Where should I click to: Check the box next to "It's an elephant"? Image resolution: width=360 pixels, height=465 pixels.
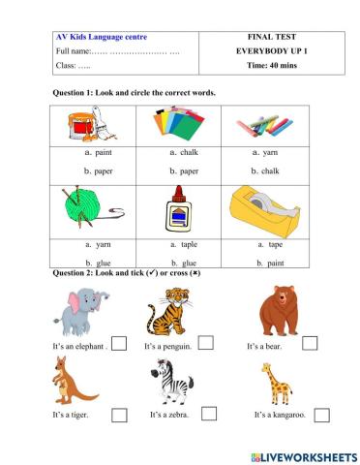coord(119,344)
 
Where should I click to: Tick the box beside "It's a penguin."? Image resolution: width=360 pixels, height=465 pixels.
coord(206,344)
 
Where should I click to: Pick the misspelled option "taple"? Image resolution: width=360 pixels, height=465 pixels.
coord(188,245)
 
